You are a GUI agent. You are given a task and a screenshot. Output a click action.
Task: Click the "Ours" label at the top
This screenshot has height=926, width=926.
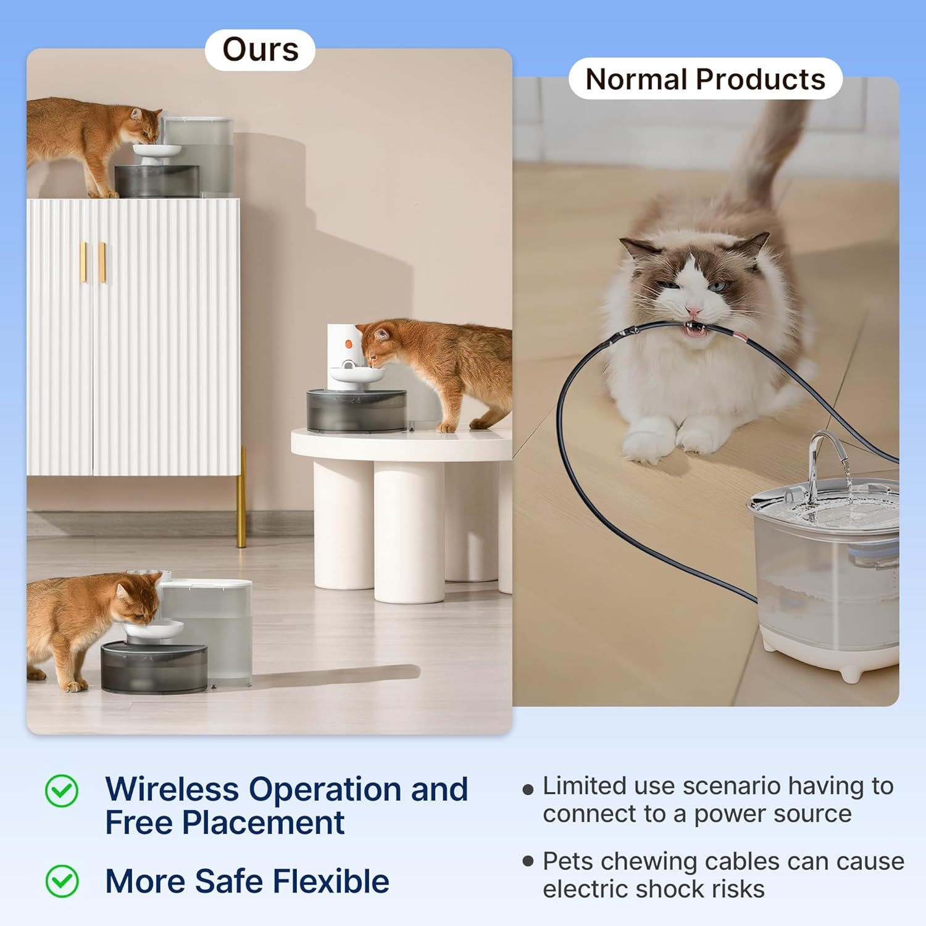260,50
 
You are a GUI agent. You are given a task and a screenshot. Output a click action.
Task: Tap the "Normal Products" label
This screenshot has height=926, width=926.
705,79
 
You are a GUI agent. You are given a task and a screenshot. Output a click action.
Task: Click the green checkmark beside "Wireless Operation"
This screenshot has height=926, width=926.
62,791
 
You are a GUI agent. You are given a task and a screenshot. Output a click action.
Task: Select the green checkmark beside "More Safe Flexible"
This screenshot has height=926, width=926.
62,881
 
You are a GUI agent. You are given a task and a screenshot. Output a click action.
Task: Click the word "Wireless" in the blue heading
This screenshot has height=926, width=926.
172,790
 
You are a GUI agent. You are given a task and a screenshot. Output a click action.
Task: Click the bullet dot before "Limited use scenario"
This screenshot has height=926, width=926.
528,789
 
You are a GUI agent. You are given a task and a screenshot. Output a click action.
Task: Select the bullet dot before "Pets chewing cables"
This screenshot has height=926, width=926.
528,862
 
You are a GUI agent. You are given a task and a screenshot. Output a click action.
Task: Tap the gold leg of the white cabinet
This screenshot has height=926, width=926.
242,500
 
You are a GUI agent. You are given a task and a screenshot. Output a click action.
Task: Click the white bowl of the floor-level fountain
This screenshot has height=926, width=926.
153,630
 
